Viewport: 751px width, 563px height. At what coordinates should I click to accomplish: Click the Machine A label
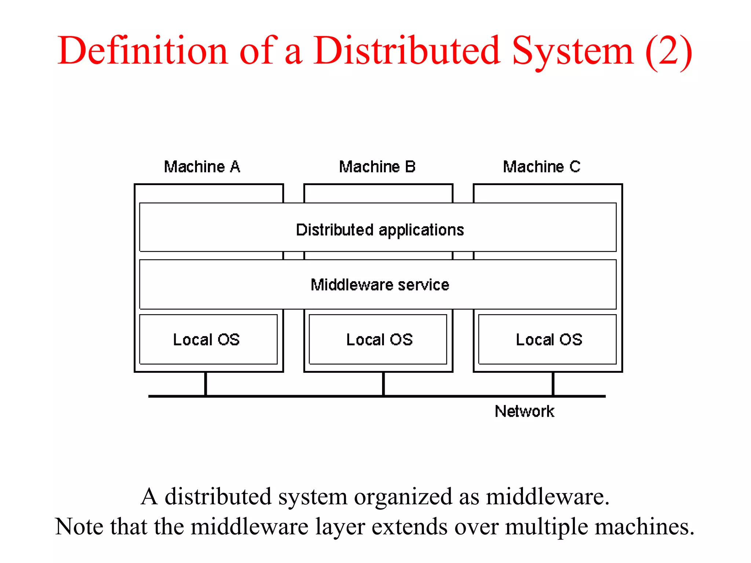coord(202,167)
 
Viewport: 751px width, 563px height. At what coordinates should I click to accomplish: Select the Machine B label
coord(377,167)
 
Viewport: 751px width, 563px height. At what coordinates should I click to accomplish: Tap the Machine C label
coord(542,167)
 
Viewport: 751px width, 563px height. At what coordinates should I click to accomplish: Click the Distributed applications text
coord(380,230)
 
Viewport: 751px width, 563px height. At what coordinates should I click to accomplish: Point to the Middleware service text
coord(380,285)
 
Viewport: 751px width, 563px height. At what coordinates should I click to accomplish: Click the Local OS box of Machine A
coord(208,339)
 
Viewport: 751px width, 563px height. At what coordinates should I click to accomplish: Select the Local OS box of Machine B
coord(378,339)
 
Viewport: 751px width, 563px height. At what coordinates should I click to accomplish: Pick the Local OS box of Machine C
coord(547,339)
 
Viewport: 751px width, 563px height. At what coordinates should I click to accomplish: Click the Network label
coord(524,411)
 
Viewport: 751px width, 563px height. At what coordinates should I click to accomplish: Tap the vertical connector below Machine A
coord(206,384)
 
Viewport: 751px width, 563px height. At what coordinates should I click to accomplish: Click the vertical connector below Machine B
coord(383,384)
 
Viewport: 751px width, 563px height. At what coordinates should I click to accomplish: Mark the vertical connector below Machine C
coord(553,384)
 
